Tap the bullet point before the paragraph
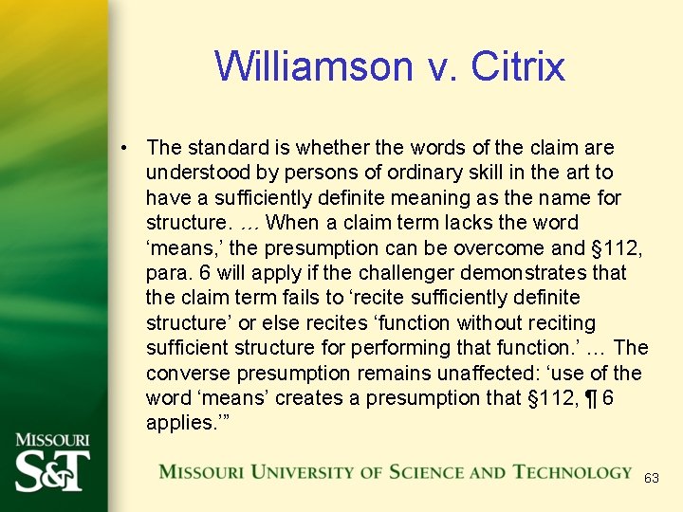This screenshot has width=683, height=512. [x=124, y=148]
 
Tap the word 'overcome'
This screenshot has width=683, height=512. [x=471, y=247]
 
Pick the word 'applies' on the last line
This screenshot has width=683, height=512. [x=177, y=423]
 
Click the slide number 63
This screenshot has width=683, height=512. [x=651, y=479]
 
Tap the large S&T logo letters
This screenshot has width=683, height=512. [x=52, y=470]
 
